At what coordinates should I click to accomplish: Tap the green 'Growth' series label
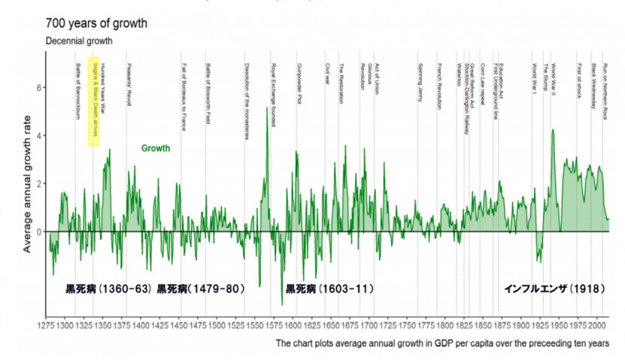(x=156, y=148)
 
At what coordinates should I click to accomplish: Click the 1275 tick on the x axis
(x=46, y=328)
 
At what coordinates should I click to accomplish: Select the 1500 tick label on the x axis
(x=217, y=328)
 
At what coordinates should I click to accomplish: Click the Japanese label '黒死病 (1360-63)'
(x=109, y=289)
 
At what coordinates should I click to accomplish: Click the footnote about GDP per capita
(x=441, y=343)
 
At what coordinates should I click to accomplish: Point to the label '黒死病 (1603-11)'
(x=329, y=289)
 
